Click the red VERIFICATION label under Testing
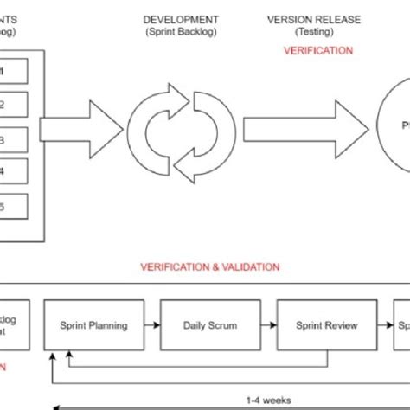coord(318,51)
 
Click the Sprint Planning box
coord(94,326)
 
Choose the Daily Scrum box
coord(211,326)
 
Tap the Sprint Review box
coord(327,326)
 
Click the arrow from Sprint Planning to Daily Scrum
coord(152,326)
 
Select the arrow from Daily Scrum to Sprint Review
coord(269,326)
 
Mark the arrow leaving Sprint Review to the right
coord(386,326)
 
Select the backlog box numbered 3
coord(14,138)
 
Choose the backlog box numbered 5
coord(14,206)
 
